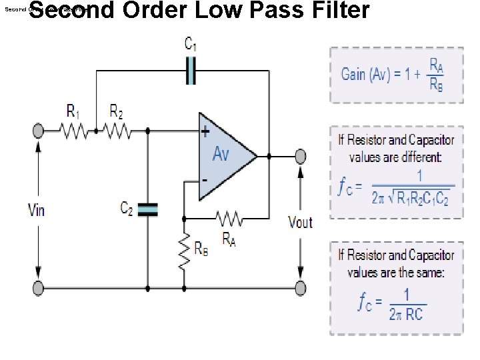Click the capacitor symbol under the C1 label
click(x=191, y=70)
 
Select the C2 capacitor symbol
click(x=149, y=209)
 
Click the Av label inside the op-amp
click(x=221, y=155)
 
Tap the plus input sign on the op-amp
click(x=205, y=132)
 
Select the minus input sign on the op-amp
click(x=205, y=181)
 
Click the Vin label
click(x=37, y=211)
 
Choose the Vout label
click(x=300, y=222)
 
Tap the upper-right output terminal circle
click(x=301, y=156)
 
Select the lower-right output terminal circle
click(x=301, y=288)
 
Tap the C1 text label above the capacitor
click(x=190, y=44)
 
